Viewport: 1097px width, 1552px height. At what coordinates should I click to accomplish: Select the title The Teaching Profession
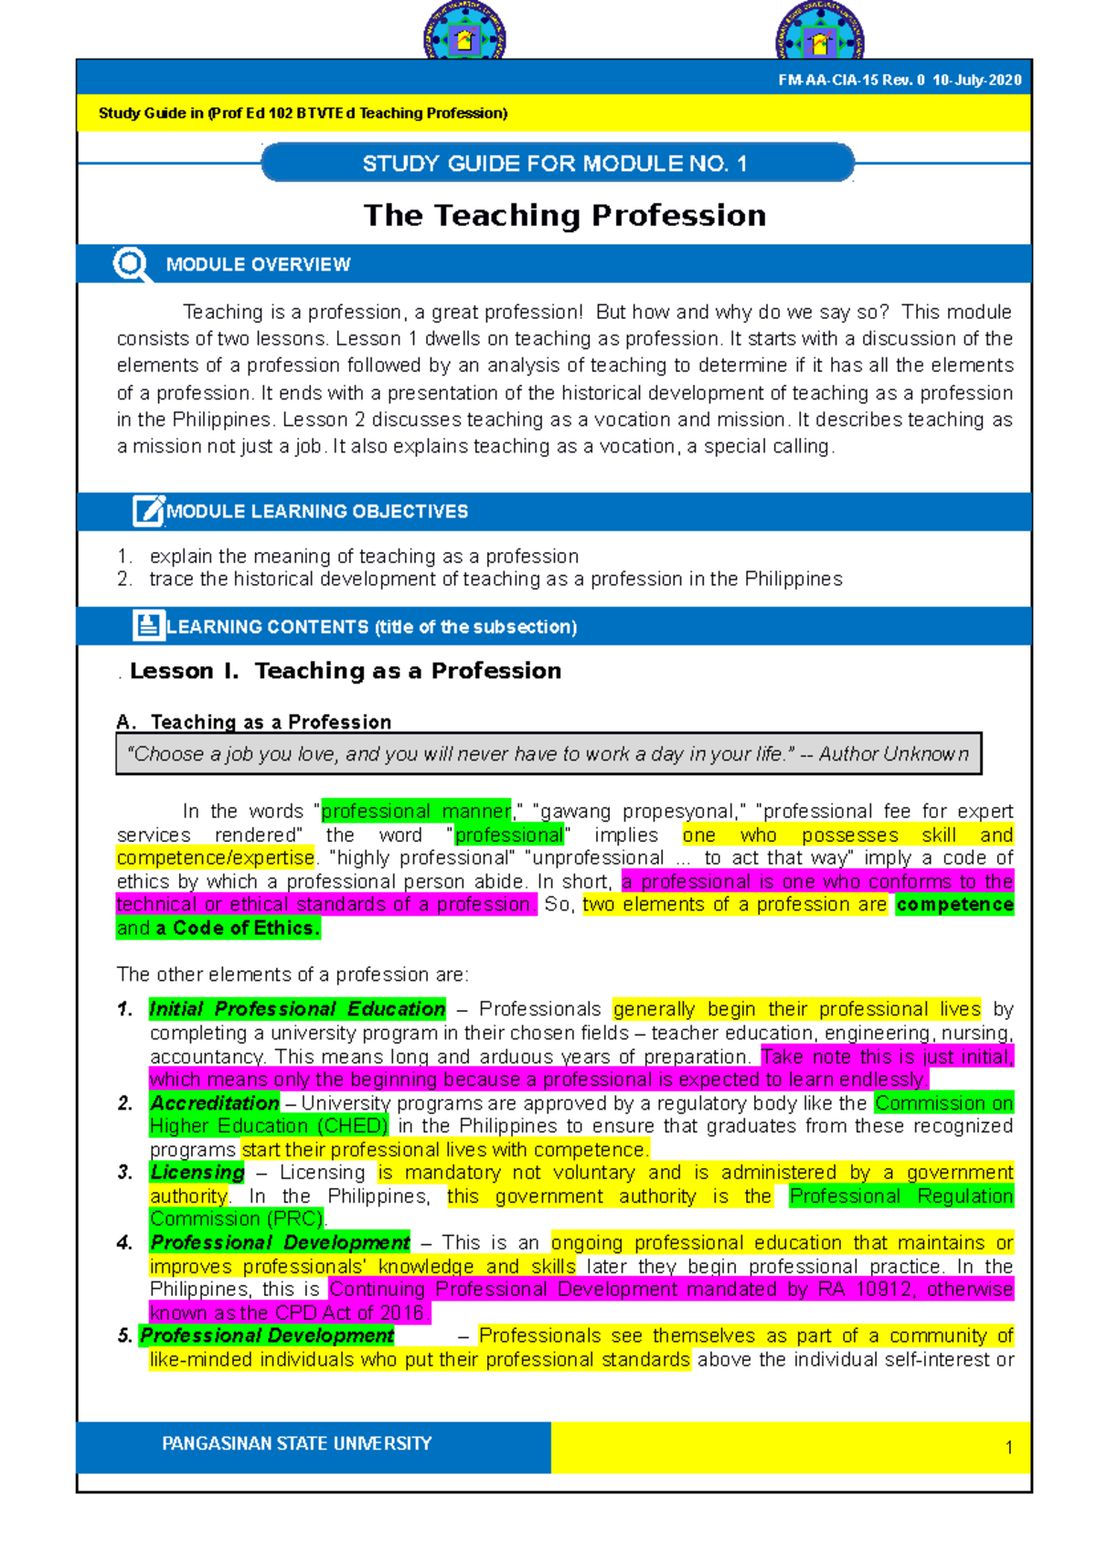(565, 216)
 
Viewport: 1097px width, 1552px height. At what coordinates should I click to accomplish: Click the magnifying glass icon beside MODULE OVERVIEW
(131, 264)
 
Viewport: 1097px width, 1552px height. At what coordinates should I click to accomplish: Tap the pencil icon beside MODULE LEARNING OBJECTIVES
(147, 511)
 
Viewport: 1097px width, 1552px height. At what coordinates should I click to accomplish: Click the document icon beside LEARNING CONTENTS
(147, 626)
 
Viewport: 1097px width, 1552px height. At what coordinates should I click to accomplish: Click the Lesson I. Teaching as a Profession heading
(346, 671)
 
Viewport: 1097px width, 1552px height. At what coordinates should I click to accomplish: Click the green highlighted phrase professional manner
(416, 812)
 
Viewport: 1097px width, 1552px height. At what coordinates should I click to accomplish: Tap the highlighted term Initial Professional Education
(297, 1009)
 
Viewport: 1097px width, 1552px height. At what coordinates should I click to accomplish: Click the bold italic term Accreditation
(215, 1103)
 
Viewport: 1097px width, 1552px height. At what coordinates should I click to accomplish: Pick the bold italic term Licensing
(197, 1173)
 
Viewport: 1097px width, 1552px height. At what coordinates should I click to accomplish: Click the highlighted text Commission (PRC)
(237, 1219)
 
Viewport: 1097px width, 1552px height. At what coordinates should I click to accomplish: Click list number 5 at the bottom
(124, 1336)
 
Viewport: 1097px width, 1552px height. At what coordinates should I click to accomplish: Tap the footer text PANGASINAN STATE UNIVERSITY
(296, 1444)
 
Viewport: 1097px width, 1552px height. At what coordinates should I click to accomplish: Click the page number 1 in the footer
(1008, 1448)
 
